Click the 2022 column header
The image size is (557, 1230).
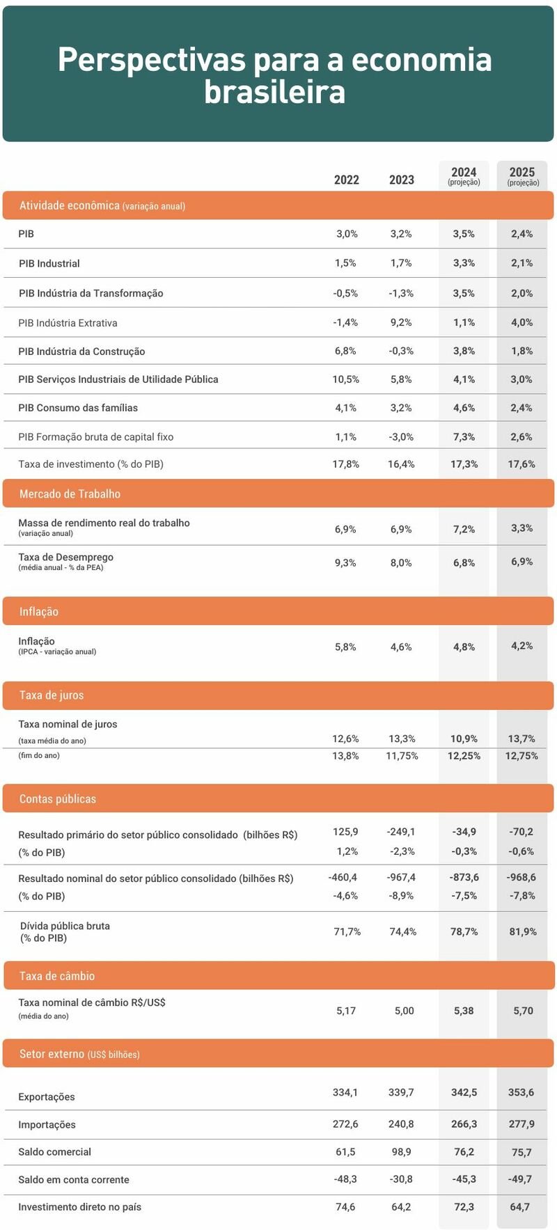346,180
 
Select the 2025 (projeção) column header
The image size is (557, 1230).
522,175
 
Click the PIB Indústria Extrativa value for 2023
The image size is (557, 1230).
401,322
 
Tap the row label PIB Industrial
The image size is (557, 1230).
49,263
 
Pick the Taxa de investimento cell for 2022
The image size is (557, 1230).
345,464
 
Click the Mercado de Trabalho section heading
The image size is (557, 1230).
70,494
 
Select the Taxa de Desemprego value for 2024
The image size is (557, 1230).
464,562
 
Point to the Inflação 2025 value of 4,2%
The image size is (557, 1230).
521,645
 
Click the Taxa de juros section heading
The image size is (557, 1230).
52,695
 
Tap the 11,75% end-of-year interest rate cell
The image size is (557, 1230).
402,755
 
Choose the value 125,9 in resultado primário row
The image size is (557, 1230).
345,831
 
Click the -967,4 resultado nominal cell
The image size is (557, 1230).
401,877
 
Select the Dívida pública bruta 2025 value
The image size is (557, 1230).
522,931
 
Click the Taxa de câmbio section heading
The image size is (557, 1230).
57,976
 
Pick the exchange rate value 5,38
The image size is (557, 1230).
464,1011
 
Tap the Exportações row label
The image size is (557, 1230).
47,1096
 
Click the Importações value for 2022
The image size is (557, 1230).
345,1123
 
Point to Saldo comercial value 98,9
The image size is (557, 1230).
401,1151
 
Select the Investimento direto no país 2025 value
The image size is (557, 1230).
520,1206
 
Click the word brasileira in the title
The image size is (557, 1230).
274,92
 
